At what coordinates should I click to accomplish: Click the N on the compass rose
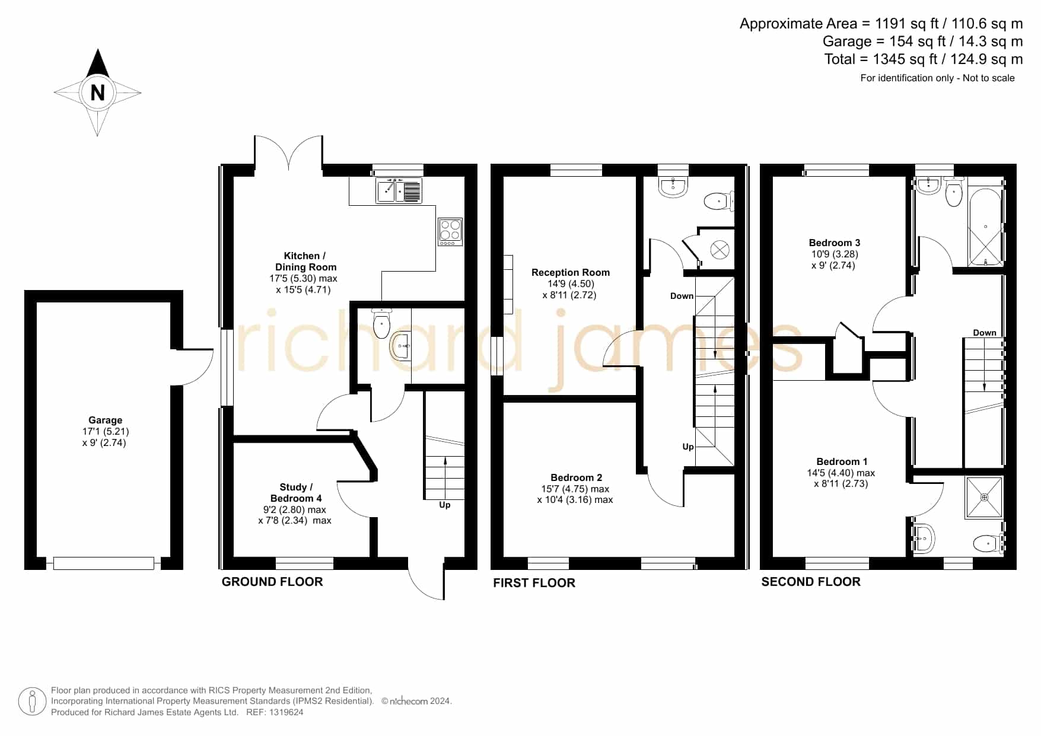click(97, 93)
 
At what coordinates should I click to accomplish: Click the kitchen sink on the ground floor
click(399, 190)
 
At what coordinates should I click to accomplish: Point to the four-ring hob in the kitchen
click(450, 232)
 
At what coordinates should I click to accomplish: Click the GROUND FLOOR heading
click(272, 582)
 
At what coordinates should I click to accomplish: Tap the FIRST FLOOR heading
click(534, 583)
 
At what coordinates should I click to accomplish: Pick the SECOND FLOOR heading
click(811, 582)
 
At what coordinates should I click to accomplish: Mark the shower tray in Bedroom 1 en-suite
click(985, 497)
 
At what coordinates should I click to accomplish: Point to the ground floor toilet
click(381, 323)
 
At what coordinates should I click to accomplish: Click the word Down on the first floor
click(682, 296)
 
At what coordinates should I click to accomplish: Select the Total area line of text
click(923, 59)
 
